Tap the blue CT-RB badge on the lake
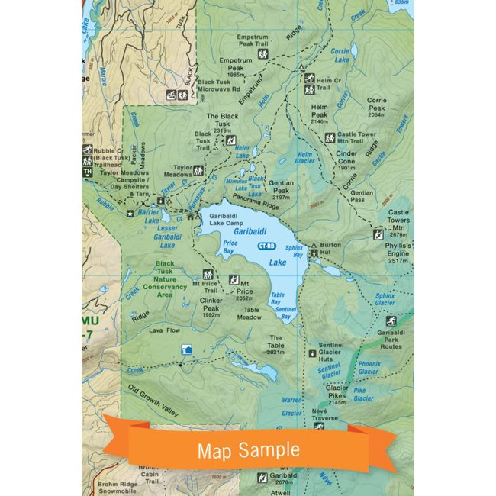point(266,246)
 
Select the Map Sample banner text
point(249,450)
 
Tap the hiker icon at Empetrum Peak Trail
point(263,55)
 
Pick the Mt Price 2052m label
point(244,293)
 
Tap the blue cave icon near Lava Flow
point(185,349)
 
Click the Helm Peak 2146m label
point(319,115)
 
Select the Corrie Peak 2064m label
point(377,108)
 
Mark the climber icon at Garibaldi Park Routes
point(391,321)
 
